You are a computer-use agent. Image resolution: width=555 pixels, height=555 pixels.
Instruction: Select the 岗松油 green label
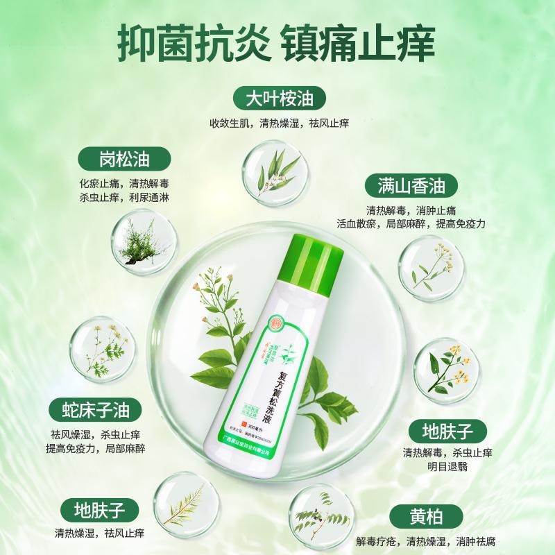[123, 159]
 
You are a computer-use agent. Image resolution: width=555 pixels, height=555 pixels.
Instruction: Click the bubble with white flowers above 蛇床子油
[101, 348]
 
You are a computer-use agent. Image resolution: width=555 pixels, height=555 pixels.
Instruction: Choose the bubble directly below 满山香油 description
[430, 268]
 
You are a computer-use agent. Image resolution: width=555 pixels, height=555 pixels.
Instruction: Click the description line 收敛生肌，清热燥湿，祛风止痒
[279, 123]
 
